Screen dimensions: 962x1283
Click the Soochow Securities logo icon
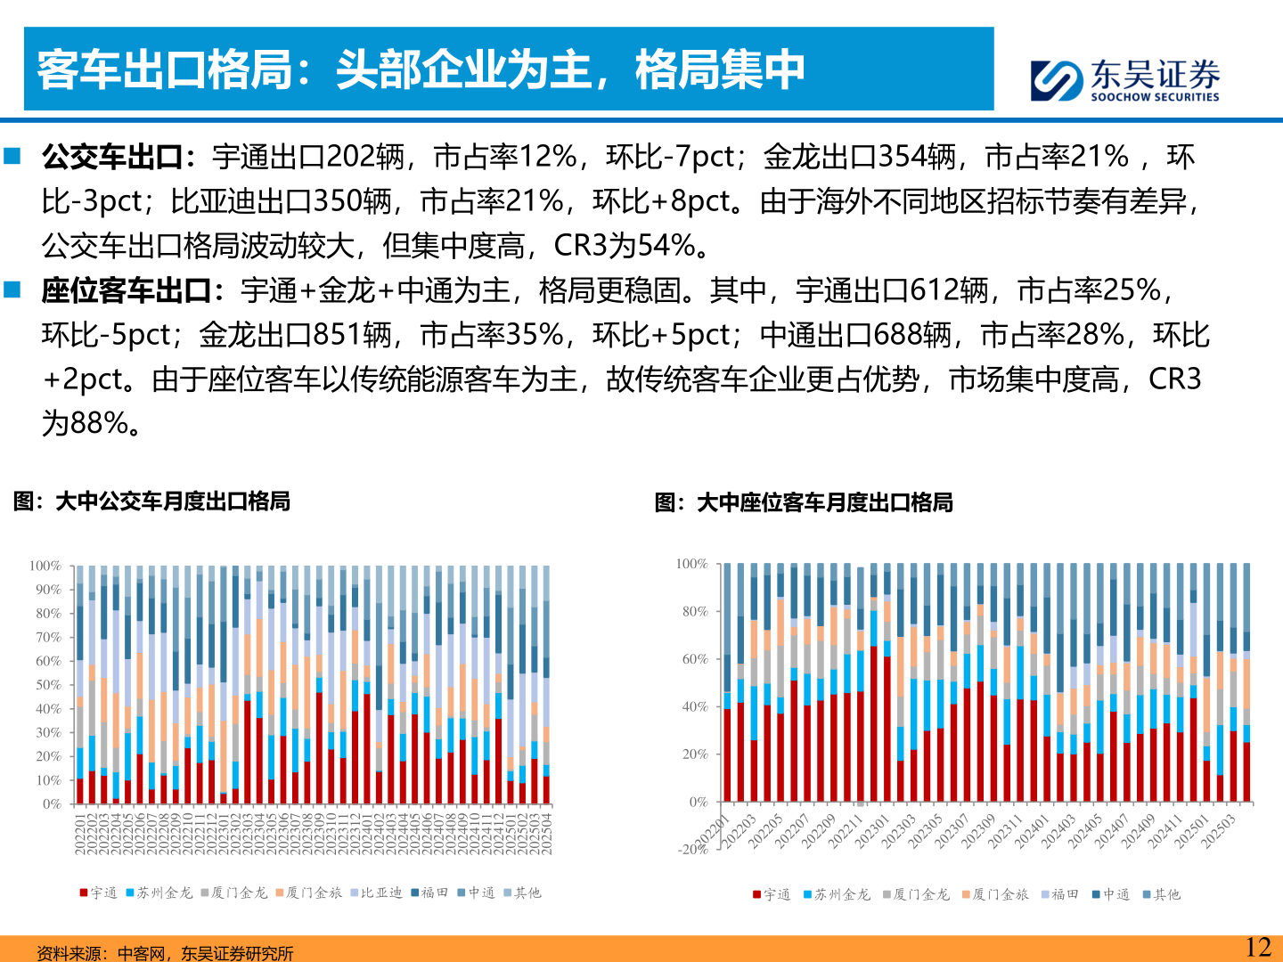(x=1058, y=80)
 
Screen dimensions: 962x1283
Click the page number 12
(x=1257, y=947)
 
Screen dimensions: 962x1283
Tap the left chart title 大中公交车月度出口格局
(x=173, y=501)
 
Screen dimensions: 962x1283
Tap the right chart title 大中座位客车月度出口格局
(x=824, y=503)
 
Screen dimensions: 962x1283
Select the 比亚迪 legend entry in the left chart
(x=380, y=893)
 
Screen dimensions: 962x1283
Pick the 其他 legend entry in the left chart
(x=527, y=893)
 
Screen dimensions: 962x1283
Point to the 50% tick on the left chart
(x=48, y=685)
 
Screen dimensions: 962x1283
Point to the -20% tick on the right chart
(x=693, y=849)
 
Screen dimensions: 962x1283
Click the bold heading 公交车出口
(x=113, y=158)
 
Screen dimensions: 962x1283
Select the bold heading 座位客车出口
(x=127, y=291)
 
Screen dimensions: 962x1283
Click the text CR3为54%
(x=624, y=246)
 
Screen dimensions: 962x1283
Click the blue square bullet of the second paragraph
(x=12, y=289)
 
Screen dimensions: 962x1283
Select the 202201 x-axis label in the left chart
(x=80, y=834)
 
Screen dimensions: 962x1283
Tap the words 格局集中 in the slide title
(x=720, y=69)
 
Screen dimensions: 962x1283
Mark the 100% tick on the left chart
(x=45, y=566)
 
